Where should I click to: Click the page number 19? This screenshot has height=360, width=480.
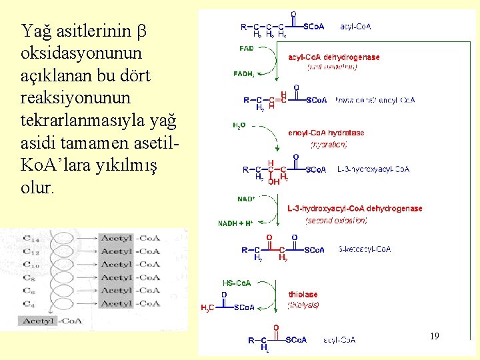pyautogui.click(x=435, y=336)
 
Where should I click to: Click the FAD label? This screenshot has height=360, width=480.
pyautogui.click(x=247, y=49)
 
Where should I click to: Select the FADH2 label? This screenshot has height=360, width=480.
pyautogui.click(x=244, y=73)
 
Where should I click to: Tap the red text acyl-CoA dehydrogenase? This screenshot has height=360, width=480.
pyautogui.click(x=334, y=57)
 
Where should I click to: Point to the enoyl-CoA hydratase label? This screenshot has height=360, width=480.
pyautogui.click(x=326, y=133)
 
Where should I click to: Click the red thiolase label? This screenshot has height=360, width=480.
pyautogui.click(x=303, y=294)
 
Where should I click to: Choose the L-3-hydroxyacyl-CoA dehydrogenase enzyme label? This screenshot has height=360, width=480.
pyautogui.click(x=355, y=209)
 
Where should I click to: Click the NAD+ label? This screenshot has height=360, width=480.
pyautogui.click(x=246, y=199)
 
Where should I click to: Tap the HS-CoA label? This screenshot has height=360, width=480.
pyautogui.click(x=237, y=283)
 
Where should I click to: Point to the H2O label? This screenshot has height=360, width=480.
pyautogui.click(x=239, y=125)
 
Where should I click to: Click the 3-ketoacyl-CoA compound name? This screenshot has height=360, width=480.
pyautogui.click(x=365, y=249)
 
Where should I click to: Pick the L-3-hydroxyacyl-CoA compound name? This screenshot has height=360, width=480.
pyautogui.click(x=373, y=169)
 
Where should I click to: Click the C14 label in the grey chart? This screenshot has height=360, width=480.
pyautogui.click(x=31, y=238)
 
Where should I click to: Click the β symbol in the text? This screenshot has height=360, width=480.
pyautogui.click(x=141, y=31)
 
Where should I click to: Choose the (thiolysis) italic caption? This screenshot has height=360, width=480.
pyautogui.click(x=303, y=305)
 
